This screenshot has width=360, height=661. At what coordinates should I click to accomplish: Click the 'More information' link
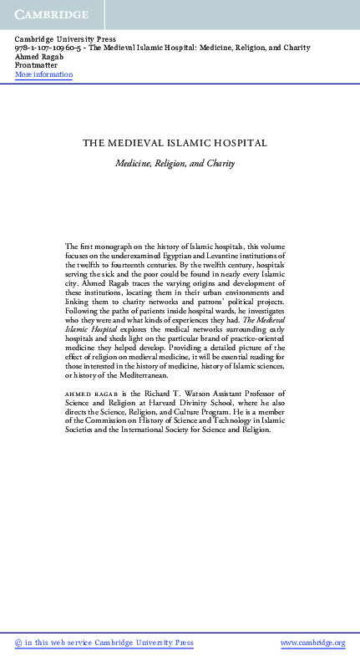click(43, 74)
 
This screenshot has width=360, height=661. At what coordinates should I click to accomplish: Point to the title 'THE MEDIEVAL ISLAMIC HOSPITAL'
click(175, 143)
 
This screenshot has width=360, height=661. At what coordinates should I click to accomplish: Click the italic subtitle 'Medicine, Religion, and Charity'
click(175, 164)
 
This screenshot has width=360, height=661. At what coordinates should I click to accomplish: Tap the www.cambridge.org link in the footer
click(312, 643)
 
